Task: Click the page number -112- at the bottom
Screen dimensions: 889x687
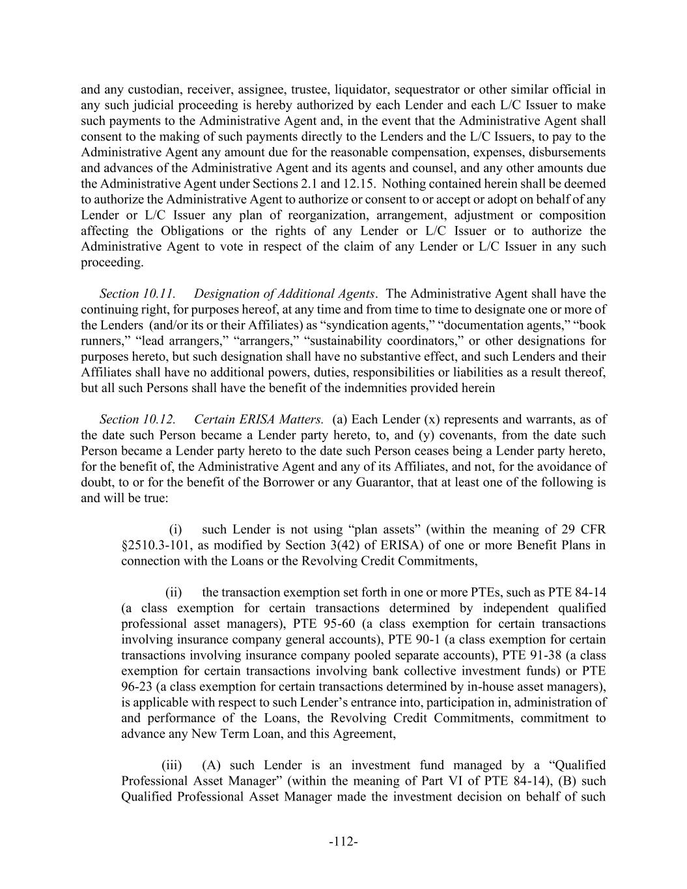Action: click(343, 841)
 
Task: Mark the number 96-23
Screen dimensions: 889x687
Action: click(136, 686)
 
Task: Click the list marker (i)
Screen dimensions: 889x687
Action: click(176, 529)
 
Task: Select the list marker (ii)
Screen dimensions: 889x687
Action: click(174, 593)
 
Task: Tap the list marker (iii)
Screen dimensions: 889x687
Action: click(171, 765)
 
